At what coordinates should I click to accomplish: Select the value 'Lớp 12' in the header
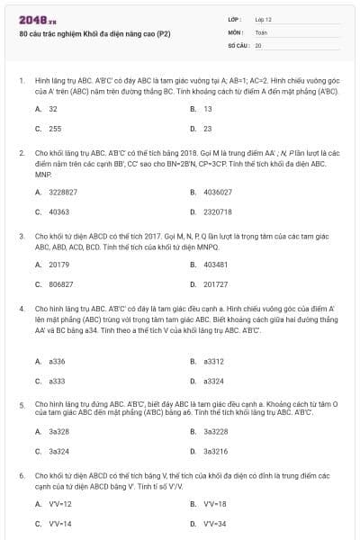click(263, 19)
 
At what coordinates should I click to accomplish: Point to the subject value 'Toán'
click(261, 31)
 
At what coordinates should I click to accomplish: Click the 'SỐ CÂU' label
click(237, 44)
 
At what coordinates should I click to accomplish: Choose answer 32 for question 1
click(53, 109)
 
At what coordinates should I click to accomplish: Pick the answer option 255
click(55, 129)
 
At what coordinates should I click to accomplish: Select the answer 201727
click(215, 284)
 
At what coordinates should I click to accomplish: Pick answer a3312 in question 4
click(214, 361)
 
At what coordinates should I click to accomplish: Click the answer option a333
click(57, 381)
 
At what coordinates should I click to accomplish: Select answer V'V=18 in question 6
click(214, 504)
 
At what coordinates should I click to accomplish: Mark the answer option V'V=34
click(214, 524)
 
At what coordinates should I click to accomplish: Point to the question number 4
click(21, 308)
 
